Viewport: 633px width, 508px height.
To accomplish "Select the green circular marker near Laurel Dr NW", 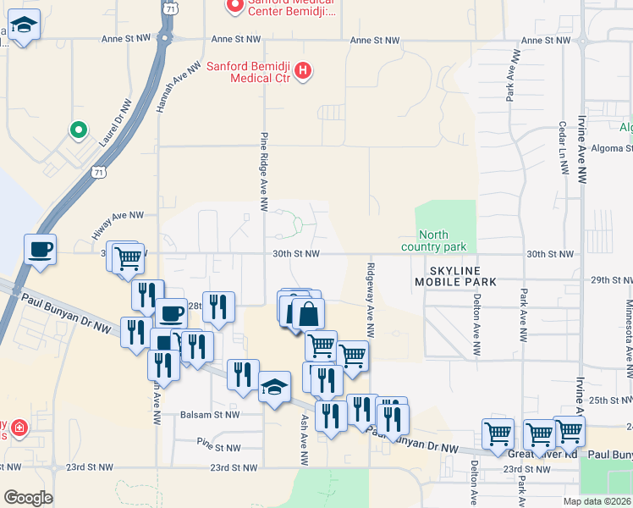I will click(x=78, y=130).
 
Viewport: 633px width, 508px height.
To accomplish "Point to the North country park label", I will click(x=443, y=241).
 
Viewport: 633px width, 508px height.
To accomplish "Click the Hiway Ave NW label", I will click(x=118, y=226).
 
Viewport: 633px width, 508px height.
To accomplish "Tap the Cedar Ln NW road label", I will click(x=563, y=148).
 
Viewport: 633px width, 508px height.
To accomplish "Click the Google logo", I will click(x=28, y=498).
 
